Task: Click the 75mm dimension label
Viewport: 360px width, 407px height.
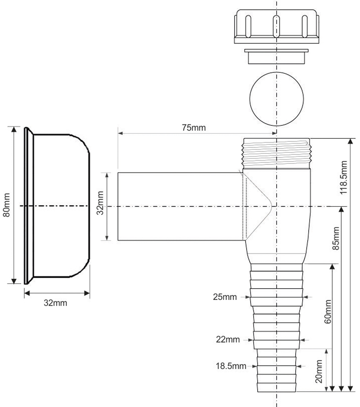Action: (x=194, y=127)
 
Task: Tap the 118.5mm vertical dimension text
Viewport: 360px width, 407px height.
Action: (x=345, y=178)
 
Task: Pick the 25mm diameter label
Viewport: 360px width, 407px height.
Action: (x=224, y=297)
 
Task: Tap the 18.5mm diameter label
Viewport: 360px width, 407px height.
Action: (x=231, y=366)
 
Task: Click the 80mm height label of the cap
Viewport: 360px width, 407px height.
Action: (x=7, y=207)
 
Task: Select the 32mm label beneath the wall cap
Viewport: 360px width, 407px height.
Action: (x=55, y=303)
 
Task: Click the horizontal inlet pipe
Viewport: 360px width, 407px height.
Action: (x=179, y=206)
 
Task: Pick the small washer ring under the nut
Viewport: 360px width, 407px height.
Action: (x=276, y=56)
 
